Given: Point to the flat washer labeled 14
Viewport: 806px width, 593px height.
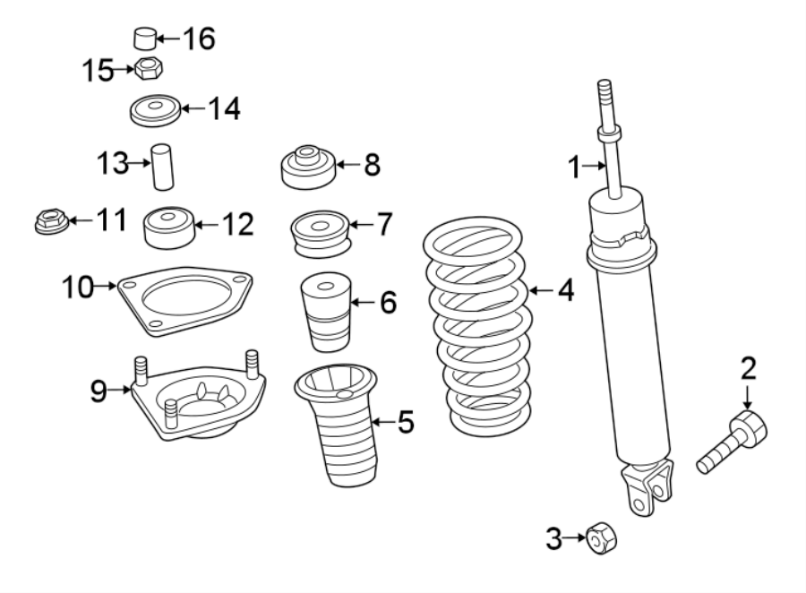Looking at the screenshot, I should (154, 111).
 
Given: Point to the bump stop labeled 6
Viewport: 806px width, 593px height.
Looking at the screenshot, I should (324, 315).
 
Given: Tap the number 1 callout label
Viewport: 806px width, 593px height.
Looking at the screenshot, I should (573, 166).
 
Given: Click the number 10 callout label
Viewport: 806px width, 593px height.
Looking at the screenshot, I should (79, 288).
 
